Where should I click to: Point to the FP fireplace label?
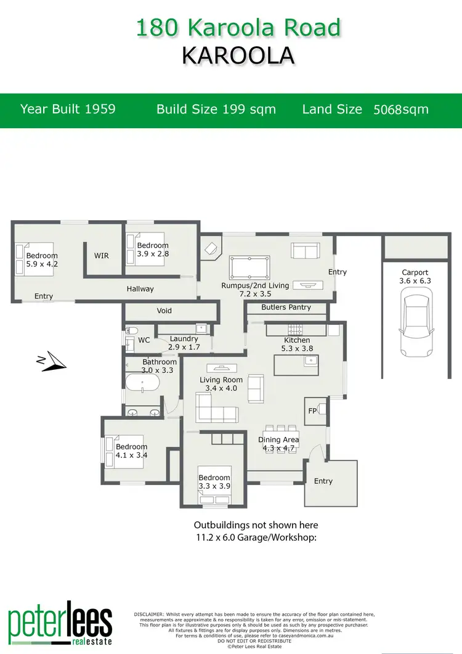point(312,409)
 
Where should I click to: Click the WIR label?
point(102,255)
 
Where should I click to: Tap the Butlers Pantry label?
point(286,307)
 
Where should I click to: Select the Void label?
point(164,311)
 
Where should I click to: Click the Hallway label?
point(140,288)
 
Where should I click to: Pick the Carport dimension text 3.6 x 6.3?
point(415,281)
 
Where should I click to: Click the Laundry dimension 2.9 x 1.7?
point(184,347)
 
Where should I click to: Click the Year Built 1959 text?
point(68,109)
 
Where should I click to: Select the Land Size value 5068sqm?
point(401,110)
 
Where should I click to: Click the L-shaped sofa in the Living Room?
point(215,407)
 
